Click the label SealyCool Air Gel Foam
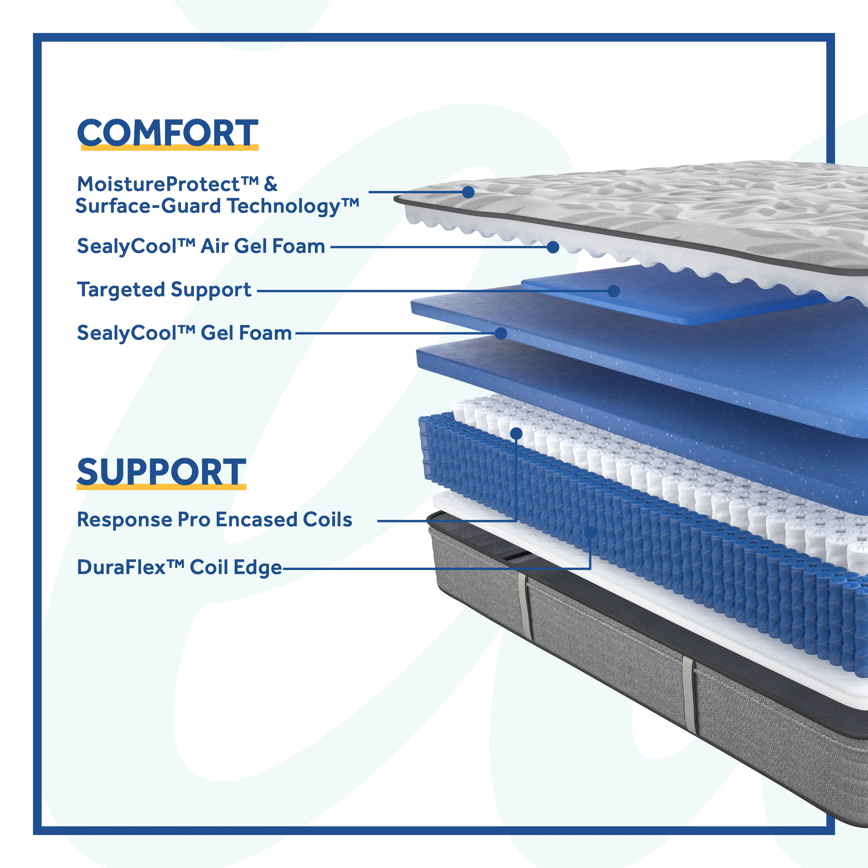point(201,246)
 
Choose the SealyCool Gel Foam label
point(184,333)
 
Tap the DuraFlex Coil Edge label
point(179,567)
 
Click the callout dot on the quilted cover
point(468,192)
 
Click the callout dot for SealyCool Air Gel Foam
point(553,247)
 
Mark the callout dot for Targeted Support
point(614,291)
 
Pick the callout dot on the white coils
point(517,433)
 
